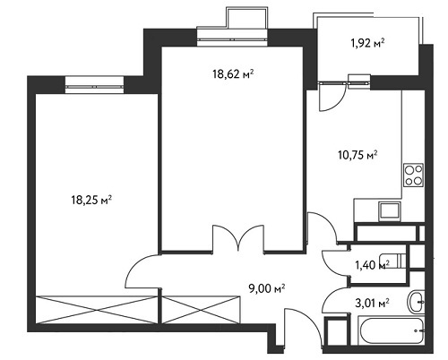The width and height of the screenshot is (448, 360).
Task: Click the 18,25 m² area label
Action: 91,200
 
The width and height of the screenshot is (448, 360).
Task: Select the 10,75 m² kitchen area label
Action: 358,155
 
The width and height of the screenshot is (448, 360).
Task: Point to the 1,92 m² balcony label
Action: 367,44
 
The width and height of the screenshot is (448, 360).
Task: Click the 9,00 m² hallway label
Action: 267,288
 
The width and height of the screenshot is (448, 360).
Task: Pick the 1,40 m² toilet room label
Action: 372,265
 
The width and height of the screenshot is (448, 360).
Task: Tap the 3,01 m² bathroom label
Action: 372,304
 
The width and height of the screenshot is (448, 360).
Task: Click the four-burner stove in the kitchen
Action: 413,175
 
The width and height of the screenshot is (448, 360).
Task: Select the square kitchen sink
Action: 390,211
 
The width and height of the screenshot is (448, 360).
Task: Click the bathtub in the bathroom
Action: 391,331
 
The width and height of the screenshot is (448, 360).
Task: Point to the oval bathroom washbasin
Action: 416,302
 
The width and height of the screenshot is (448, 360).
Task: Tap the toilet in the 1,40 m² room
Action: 392,261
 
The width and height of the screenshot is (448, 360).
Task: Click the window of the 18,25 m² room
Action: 94,87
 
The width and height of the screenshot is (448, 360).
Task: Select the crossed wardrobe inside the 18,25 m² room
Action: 97,310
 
